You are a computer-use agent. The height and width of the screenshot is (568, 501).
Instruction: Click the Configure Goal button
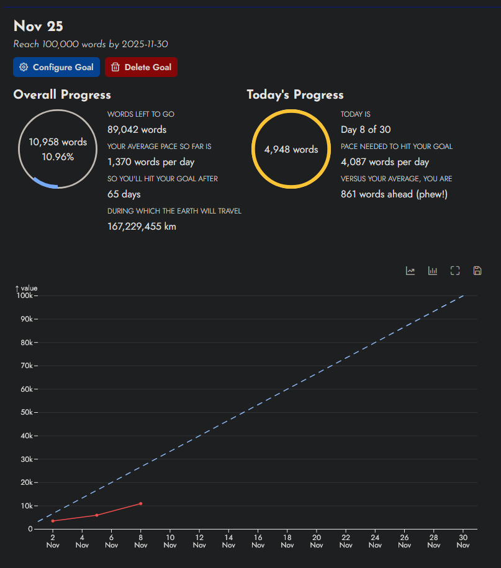pos(56,67)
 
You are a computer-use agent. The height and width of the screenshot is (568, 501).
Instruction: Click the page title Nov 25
pos(38,26)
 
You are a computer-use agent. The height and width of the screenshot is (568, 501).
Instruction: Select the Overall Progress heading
pos(62,94)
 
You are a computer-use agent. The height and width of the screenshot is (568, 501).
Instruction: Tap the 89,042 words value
pos(137,130)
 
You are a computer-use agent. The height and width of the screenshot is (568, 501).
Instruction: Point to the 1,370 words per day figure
pos(151,162)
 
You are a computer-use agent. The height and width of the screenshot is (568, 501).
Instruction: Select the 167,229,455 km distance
pos(142,227)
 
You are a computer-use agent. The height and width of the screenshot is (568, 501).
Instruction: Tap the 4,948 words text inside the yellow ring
pos(291,150)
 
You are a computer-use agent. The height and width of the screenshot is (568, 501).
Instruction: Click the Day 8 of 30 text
pos(366,130)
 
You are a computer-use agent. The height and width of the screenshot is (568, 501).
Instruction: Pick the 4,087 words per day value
pos(385,162)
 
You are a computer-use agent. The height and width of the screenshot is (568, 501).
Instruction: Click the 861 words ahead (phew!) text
pos(394,194)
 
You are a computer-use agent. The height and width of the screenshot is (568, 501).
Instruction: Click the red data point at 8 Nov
pos(141,503)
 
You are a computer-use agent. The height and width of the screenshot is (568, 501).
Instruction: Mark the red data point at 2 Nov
pos(53,521)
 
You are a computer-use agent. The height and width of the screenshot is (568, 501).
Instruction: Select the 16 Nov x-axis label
pos(258,541)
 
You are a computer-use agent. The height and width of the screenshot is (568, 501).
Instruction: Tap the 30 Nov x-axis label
pos(463,541)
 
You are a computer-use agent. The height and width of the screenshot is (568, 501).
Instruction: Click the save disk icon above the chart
pos(477,271)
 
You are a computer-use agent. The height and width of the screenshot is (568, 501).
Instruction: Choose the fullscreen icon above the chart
pos(455,271)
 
